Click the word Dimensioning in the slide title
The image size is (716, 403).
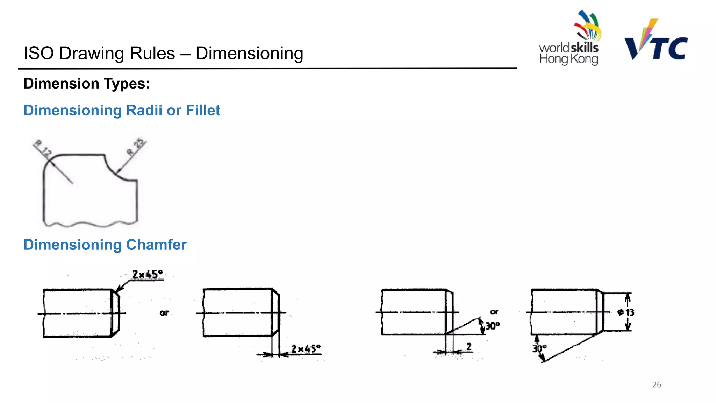tap(249, 54)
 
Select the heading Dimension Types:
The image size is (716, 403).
tap(87, 84)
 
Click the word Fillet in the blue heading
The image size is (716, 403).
tap(203, 111)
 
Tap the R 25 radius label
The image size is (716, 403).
tap(135, 147)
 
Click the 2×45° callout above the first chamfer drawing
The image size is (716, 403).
tap(148, 274)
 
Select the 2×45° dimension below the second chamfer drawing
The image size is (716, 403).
tap(306, 349)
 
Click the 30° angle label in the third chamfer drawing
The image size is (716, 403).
tap(492, 326)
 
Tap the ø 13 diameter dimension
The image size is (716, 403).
tap(626, 312)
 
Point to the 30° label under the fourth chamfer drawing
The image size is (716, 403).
tap(539, 348)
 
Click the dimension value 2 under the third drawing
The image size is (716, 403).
tap(469, 346)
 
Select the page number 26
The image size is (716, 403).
tap(657, 384)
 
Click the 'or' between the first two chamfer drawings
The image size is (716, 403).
tap(164, 313)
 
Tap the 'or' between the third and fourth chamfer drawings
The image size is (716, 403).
tap(494, 312)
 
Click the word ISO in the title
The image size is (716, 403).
tap(38, 54)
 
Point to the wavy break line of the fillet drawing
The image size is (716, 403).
tap(90, 224)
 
